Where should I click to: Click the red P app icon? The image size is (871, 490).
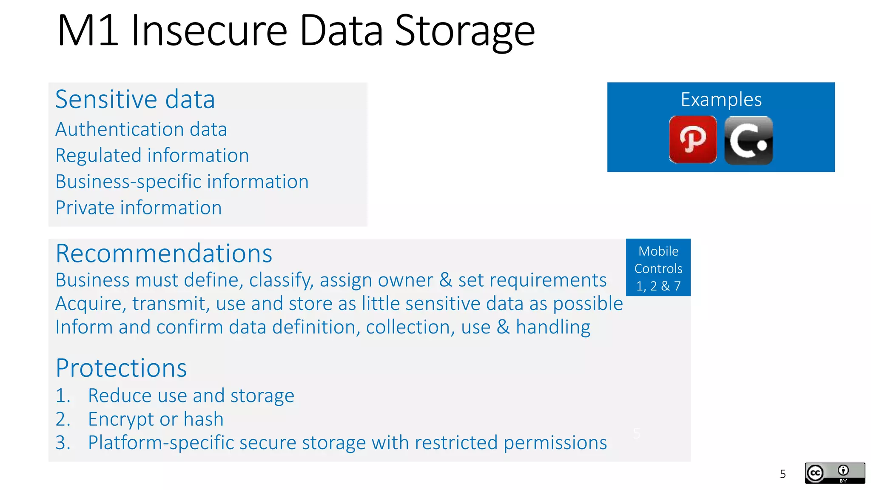coord(693,140)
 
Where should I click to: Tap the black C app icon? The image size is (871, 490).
coord(749,140)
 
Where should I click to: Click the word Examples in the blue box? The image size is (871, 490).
coord(721,100)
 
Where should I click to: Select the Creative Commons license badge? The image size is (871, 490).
coord(834,473)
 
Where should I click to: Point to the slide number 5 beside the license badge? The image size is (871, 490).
coord(783,474)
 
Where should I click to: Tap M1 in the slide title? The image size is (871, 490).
coord(88,31)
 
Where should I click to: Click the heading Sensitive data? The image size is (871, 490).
coord(135,100)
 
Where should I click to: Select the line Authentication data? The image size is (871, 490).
coord(141,129)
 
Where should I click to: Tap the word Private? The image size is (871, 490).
coord(85,208)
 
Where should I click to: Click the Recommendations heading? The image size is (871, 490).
coord(164,254)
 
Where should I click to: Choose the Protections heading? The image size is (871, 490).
coord(121,368)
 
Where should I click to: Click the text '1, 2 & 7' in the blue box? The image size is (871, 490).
coord(658,286)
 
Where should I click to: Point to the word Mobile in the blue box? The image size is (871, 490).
coord(658,251)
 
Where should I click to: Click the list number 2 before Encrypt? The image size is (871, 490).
coord(62,419)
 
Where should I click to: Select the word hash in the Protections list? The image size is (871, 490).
coord(203,419)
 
